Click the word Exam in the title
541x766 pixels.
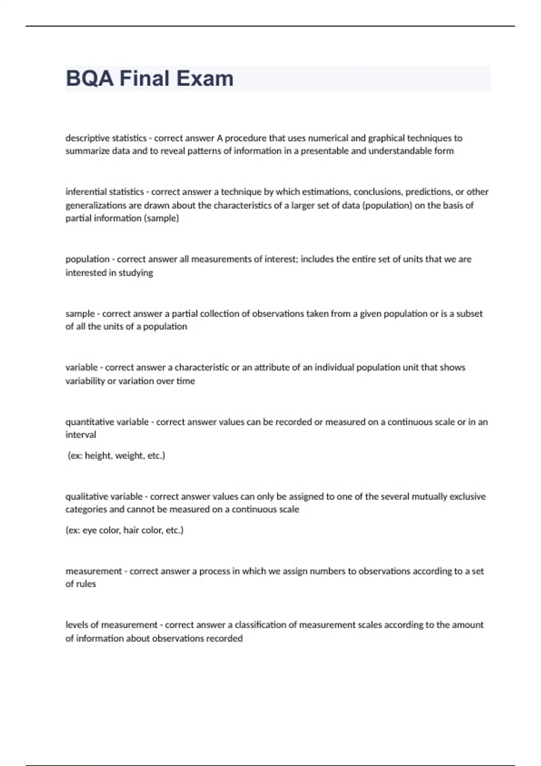[x=205, y=78]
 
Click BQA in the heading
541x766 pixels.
[x=90, y=78]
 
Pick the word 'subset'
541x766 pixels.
[x=469, y=314]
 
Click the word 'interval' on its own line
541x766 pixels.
[x=81, y=435]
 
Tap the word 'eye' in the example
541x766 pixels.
[x=89, y=530]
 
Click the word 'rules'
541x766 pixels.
[x=86, y=584]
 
